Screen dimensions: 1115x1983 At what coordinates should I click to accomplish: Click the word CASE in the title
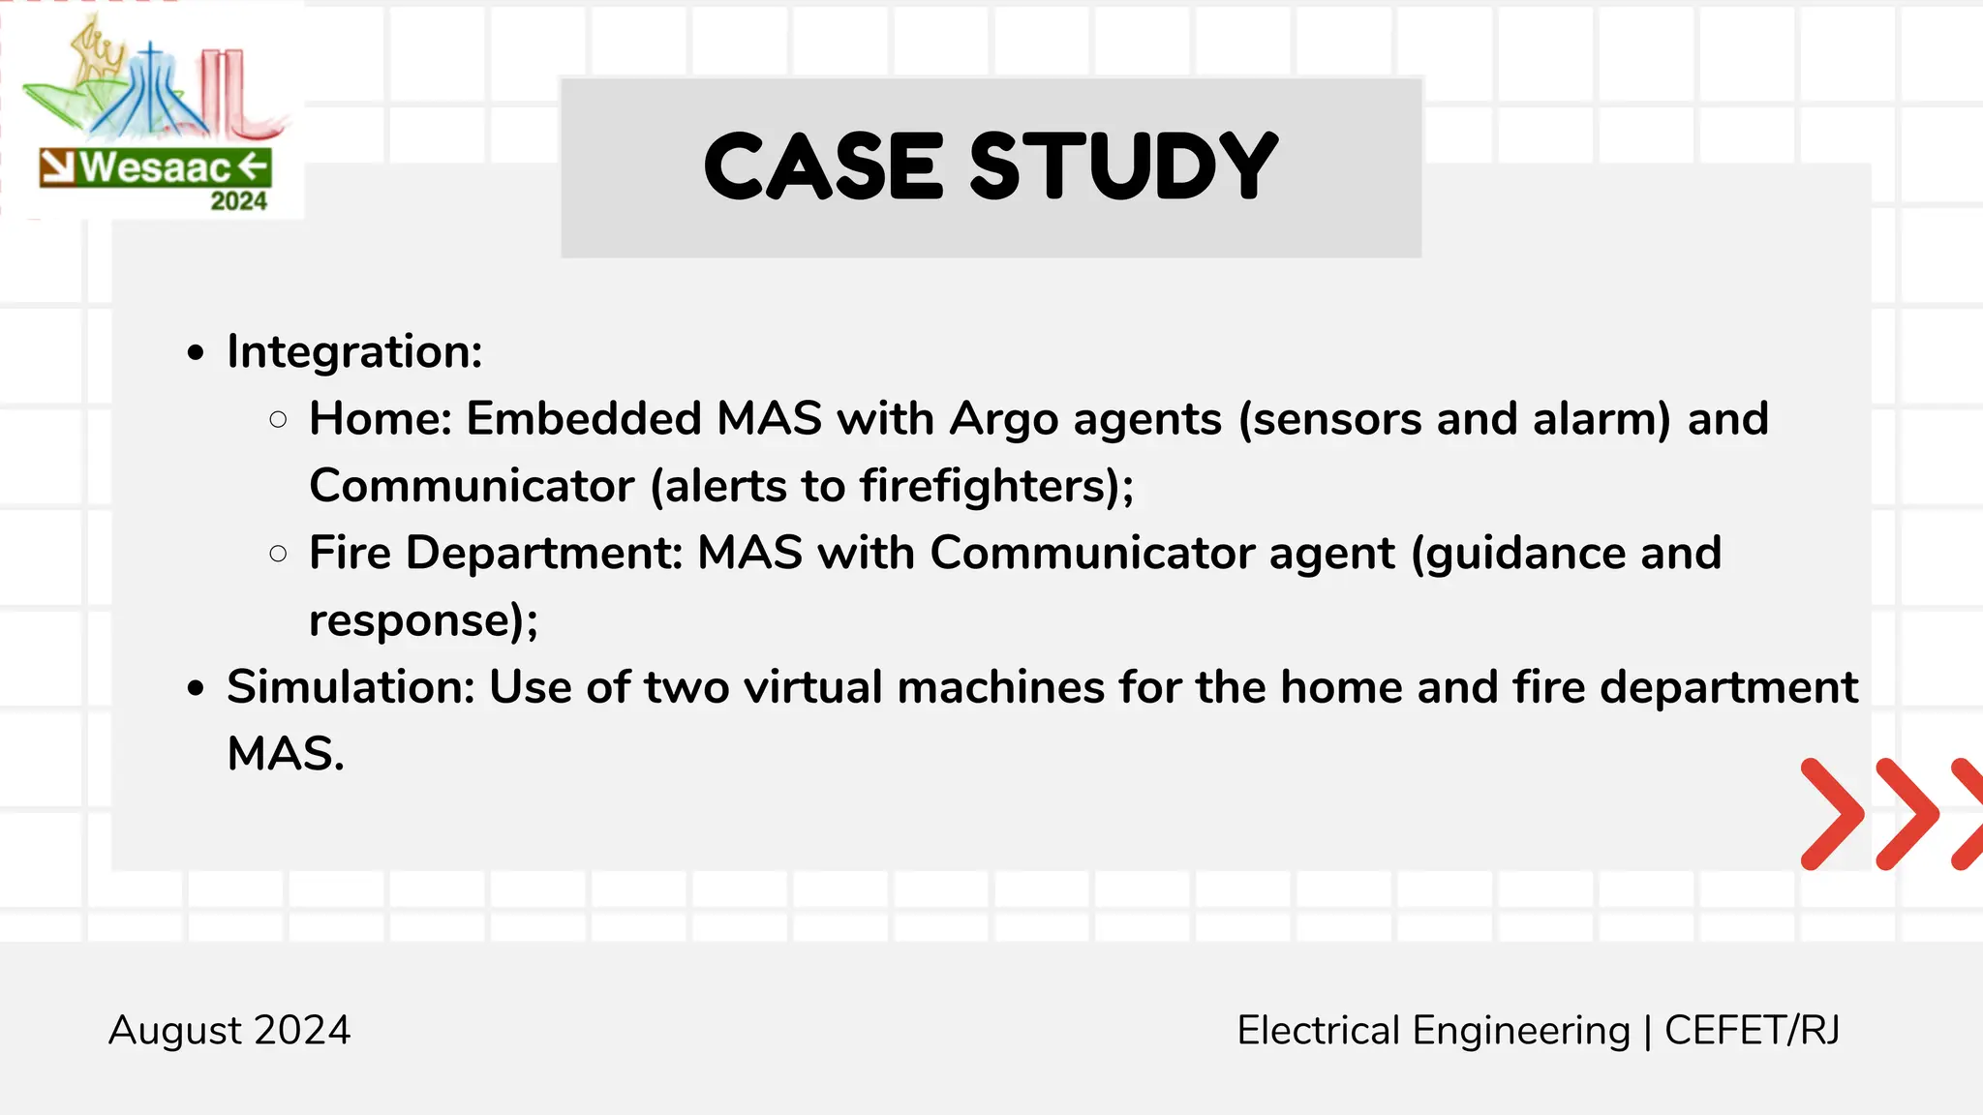click(823, 166)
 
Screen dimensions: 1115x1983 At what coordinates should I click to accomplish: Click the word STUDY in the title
click(1123, 166)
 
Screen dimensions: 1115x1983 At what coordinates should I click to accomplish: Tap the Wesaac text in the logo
click(155, 167)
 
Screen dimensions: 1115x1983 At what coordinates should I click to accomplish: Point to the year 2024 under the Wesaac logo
click(238, 201)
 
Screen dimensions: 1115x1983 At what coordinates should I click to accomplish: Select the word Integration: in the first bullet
click(354, 351)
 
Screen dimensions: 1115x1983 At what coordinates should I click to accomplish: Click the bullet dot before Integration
click(197, 353)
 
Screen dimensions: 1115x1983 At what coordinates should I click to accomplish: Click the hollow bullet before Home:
click(279, 420)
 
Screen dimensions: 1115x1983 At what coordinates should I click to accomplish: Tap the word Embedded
click(584, 419)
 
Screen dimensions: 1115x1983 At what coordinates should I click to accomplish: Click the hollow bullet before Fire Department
click(279, 554)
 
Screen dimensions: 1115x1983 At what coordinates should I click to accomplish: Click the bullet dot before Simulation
click(197, 688)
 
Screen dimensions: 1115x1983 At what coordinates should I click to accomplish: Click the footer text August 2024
click(229, 1030)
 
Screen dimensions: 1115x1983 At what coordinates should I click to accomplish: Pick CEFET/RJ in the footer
click(1752, 1030)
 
